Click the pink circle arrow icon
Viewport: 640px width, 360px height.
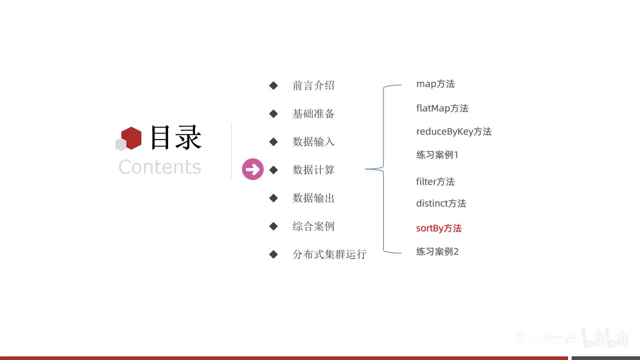[x=252, y=169]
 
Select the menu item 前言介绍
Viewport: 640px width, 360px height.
[x=313, y=85]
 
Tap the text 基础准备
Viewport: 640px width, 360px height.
[x=313, y=113]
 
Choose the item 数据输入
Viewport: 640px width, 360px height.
[x=313, y=141]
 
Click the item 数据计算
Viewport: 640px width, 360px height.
[x=313, y=170]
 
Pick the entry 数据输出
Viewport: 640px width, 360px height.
[x=313, y=198]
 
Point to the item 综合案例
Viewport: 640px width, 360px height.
[x=313, y=226]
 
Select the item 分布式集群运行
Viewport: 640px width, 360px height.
[x=329, y=254]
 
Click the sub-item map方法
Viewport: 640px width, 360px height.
[x=435, y=84]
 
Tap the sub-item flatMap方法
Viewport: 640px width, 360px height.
[x=442, y=108]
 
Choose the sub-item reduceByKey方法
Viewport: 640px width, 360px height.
[x=453, y=131]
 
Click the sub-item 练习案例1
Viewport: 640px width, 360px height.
[x=437, y=155]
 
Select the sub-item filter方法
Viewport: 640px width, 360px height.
[x=435, y=181]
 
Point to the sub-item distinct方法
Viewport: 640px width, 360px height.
[x=441, y=203]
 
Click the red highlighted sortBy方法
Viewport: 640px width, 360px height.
[x=438, y=228]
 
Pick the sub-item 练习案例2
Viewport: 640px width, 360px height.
[x=437, y=251]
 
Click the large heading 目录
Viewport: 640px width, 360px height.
[x=175, y=137]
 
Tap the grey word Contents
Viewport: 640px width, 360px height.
[x=159, y=166]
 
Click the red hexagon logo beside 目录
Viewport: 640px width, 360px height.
[x=131, y=137]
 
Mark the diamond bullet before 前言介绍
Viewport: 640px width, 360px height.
[x=273, y=85]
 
